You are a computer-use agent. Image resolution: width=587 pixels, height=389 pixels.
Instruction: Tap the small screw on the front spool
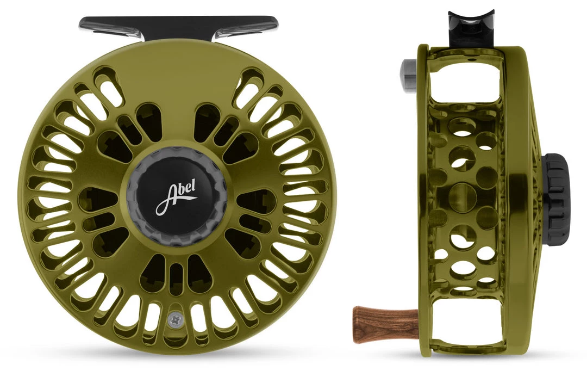click(x=173, y=320)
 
